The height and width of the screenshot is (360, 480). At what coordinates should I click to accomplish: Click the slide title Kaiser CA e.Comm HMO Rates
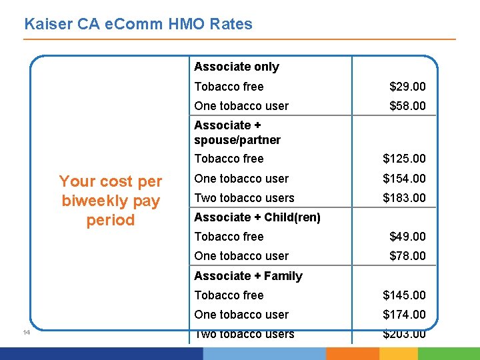click(138, 25)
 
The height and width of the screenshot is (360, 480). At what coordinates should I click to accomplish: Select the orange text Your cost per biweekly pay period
click(111, 201)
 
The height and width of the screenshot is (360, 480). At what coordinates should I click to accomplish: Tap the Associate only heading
click(236, 67)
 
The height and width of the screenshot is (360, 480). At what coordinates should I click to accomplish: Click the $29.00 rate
click(407, 87)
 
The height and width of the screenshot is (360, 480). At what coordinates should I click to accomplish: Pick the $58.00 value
click(407, 106)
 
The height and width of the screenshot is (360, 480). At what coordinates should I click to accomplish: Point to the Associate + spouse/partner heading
click(237, 133)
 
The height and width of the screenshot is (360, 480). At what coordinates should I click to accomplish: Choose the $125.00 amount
click(404, 159)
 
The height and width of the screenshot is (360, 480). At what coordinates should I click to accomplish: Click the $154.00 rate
click(404, 179)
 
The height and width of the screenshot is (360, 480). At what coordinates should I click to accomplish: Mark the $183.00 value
click(404, 198)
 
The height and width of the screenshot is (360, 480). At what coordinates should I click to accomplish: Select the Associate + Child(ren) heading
click(257, 217)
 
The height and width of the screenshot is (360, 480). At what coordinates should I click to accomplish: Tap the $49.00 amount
click(407, 237)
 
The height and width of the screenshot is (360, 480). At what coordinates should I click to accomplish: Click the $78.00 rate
click(407, 256)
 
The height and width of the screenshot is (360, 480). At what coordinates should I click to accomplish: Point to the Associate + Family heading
click(248, 276)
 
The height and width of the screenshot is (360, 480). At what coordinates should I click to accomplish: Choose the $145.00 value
click(404, 295)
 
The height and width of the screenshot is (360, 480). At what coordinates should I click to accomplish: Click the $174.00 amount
click(404, 315)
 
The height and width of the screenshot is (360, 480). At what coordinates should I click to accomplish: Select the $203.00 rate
click(404, 335)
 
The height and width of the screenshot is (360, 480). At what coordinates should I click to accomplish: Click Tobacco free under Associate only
click(229, 87)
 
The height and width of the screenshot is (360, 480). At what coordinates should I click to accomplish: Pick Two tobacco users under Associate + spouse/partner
click(244, 198)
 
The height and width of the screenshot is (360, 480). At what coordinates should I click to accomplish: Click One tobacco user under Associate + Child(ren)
click(241, 256)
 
